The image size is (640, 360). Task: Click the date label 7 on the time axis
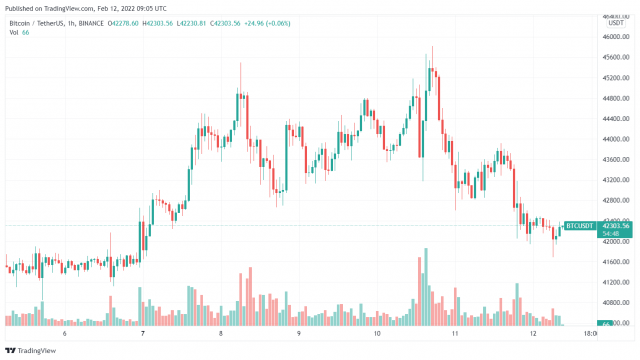[143, 334]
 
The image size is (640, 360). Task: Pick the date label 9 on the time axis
[299, 334]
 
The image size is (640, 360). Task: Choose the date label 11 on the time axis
[454, 334]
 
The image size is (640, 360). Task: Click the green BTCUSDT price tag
[580, 226]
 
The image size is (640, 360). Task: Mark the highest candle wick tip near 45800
[432, 47]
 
